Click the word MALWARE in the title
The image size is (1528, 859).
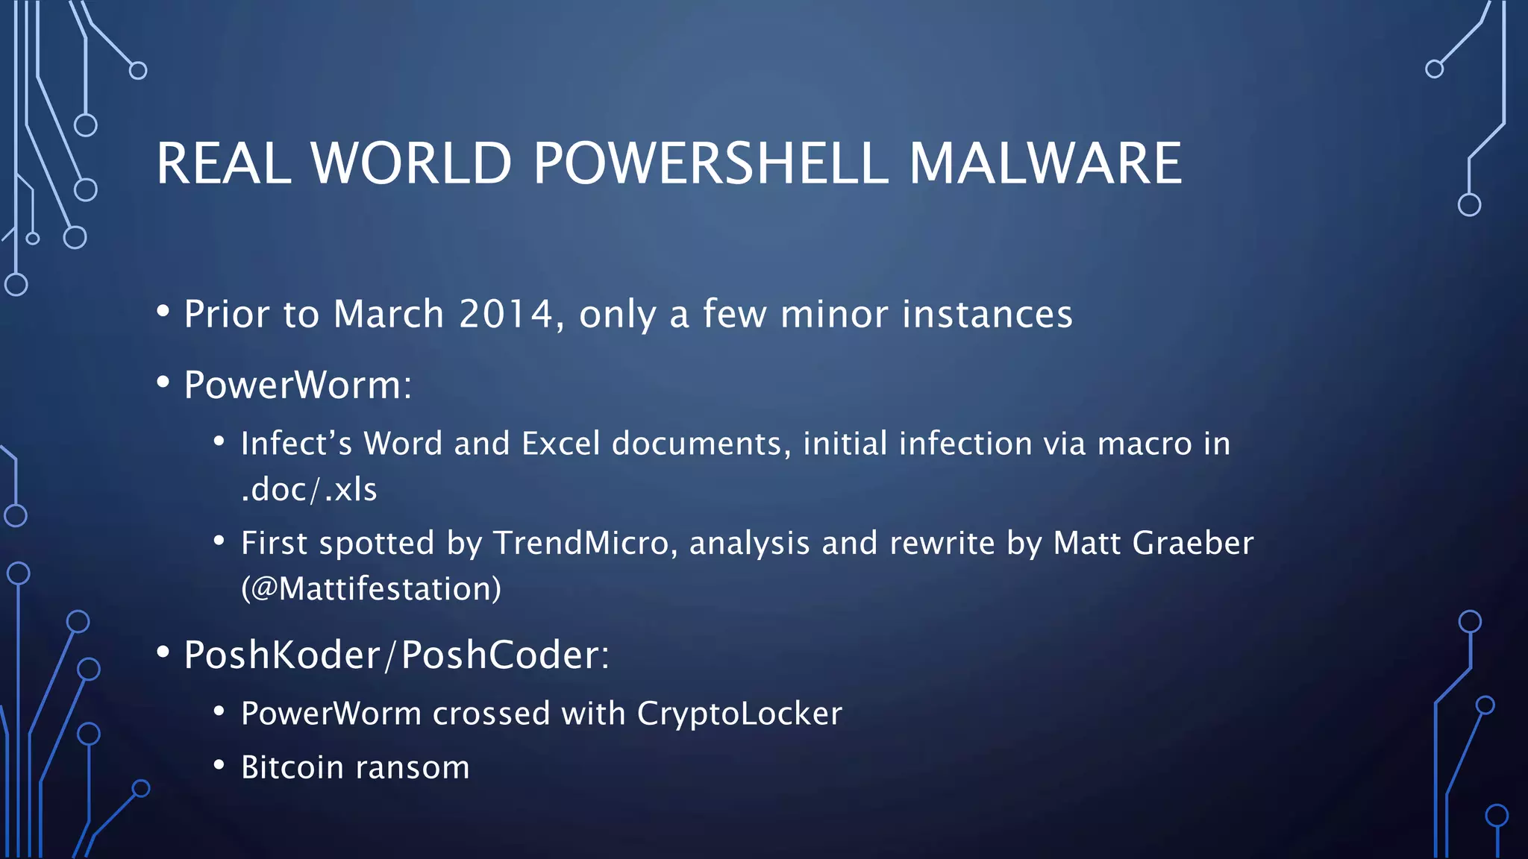pyautogui.click(x=1045, y=163)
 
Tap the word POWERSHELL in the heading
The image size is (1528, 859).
pyautogui.click(x=710, y=163)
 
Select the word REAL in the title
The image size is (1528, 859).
pyautogui.click(x=224, y=163)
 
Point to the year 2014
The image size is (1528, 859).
pyautogui.click(x=506, y=314)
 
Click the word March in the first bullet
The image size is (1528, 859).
pyautogui.click(x=389, y=314)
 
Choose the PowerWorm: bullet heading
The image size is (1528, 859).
pyautogui.click(x=298, y=385)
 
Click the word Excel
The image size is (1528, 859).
pyautogui.click(x=560, y=444)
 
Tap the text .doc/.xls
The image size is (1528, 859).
pyautogui.click(x=309, y=490)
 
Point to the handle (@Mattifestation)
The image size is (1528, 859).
pyautogui.click(x=371, y=589)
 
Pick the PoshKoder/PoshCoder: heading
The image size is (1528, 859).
pyautogui.click(x=396, y=655)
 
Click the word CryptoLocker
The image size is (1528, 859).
pyautogui.click(x=739, y=714)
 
